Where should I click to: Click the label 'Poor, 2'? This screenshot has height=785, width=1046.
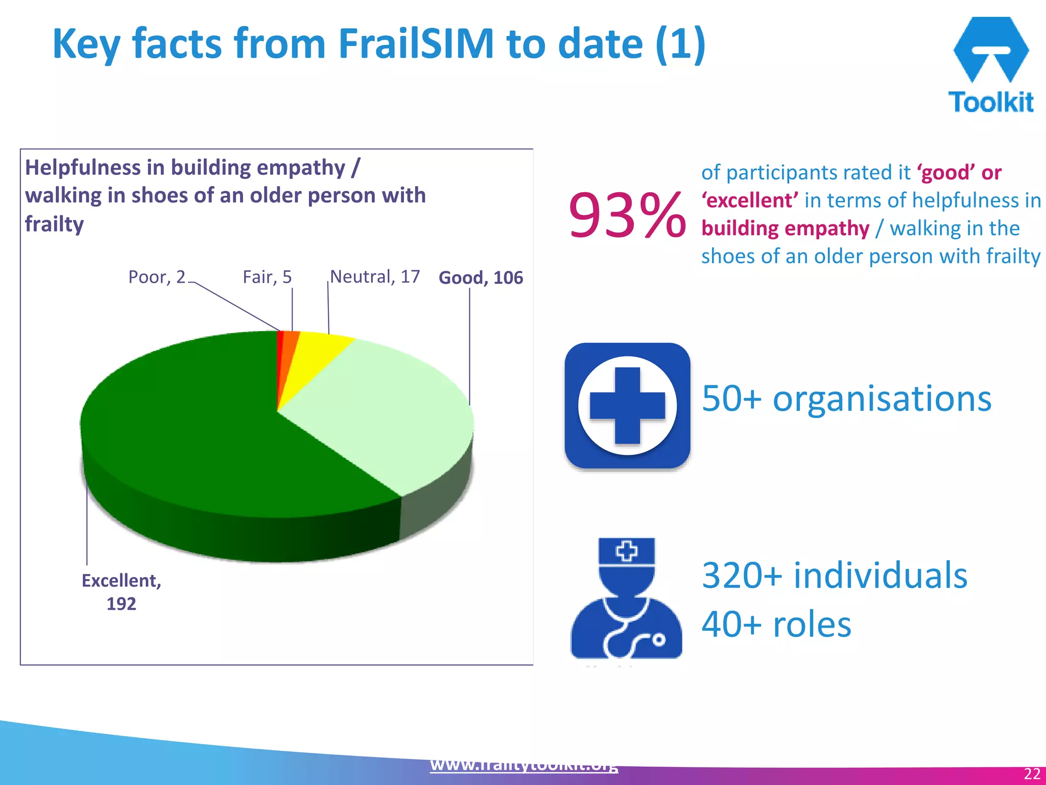[157, 277]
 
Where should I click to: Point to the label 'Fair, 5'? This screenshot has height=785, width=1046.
[267, 277]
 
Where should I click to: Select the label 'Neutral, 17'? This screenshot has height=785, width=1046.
[375, 276]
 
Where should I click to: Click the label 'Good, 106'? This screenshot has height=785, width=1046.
[481, 278]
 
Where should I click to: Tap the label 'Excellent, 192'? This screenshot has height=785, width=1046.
[122, 592]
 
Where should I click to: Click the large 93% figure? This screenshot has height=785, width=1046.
[627, 215]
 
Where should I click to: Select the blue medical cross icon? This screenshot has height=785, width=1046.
[627, 406]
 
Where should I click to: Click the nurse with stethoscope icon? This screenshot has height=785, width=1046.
[626, 598]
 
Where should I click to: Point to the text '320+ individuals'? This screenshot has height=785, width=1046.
[834, 575]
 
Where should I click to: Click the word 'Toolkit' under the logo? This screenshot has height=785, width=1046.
[991, 102]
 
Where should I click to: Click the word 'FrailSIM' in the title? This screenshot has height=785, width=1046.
[416, 44]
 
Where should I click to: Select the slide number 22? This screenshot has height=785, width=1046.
[1032, 773]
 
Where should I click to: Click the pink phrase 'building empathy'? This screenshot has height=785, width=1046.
[785, 228]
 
